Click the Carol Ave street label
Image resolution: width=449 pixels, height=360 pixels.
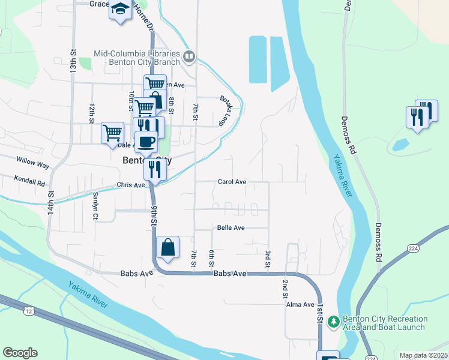tap(232, 181)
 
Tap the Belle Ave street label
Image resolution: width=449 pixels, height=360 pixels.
tap(231, 228)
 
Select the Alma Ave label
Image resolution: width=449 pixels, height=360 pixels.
tap(301, 305)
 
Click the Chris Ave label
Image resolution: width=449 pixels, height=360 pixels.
tap(131, 185)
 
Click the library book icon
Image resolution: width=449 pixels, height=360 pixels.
tap(189, 58)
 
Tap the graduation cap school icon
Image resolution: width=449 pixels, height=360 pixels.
tap(120, 10)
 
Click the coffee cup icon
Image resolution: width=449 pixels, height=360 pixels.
tap(146, 142)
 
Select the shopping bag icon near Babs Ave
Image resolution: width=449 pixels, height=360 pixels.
tap(167, 247)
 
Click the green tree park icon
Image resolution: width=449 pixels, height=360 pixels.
tap(333, 323)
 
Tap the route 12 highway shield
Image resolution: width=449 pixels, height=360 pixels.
tap(29, 310)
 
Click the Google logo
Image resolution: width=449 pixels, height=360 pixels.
tap(20, 353)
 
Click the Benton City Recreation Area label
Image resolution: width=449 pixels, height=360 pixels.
tap(384, 323)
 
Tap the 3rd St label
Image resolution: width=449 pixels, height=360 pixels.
tap(268, 259)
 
